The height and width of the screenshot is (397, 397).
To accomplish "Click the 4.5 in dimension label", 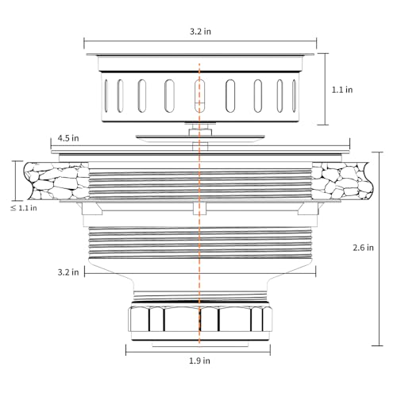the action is tap(68, 138).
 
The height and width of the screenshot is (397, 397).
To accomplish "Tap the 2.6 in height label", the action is tap(363, 248).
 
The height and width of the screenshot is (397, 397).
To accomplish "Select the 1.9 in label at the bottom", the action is tap(199, 360).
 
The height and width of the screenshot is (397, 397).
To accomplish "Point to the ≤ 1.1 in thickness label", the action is tap(24, 208).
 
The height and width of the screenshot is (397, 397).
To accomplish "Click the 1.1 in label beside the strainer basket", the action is tap(342, 90).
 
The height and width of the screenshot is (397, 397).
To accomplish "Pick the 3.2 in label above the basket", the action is tap(200, 32).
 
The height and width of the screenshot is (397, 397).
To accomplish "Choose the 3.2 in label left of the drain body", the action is tap(68, 272).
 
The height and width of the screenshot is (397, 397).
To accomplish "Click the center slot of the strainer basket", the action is tap(199, 96).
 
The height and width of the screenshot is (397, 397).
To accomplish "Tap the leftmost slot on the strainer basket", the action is tap(106, 96).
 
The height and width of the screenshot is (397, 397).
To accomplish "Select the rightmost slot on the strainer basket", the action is tap(294, 96).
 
